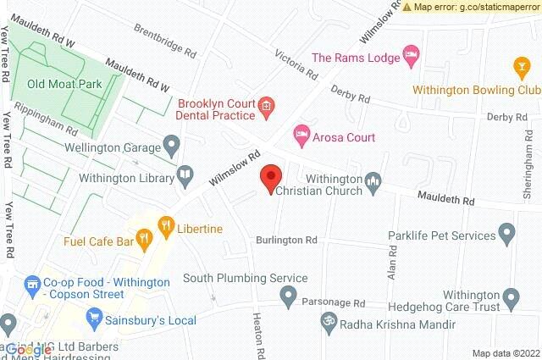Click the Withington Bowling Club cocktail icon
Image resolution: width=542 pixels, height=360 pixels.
[x=522, y=65]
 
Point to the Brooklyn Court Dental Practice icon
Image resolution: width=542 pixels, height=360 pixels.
[x=265, y=106]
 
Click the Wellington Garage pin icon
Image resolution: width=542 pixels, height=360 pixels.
[x=173, y=147]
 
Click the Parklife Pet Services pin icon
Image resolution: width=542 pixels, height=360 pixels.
[x=507, y=231]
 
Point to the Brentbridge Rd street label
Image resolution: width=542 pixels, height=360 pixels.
[x=165, y=41]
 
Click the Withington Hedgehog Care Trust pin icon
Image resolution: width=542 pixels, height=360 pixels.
[x=510, y=296]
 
